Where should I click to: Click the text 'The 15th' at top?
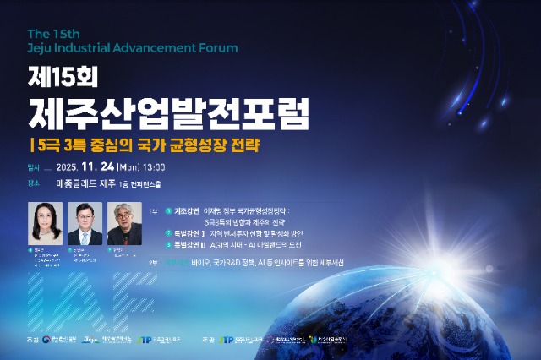click(53, 33)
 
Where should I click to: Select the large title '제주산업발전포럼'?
click(168, 111)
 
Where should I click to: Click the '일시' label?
click(34, 167)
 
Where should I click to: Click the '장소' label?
click(34, 183)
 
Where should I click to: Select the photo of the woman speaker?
click(46, 223)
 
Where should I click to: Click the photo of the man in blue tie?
click(85, 223)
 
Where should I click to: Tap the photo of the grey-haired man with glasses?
click(124, 223)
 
